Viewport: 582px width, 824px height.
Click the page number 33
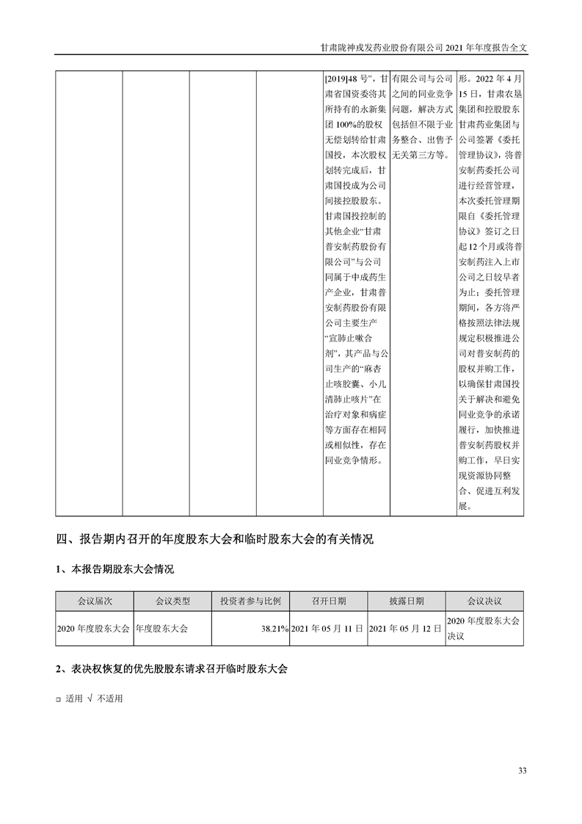click(523, 770)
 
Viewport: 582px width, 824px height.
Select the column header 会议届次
click(93, 601)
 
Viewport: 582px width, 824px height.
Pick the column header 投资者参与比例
click(250, 601)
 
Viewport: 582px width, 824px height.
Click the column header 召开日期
click(328, 601)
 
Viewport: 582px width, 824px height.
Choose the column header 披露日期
click(406, 601)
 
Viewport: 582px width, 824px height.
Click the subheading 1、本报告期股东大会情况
click(115, 569)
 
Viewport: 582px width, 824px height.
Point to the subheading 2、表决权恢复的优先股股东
click(172, 670)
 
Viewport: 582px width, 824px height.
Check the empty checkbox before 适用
click(59, 699)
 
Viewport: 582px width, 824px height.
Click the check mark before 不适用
click(89, 698)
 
